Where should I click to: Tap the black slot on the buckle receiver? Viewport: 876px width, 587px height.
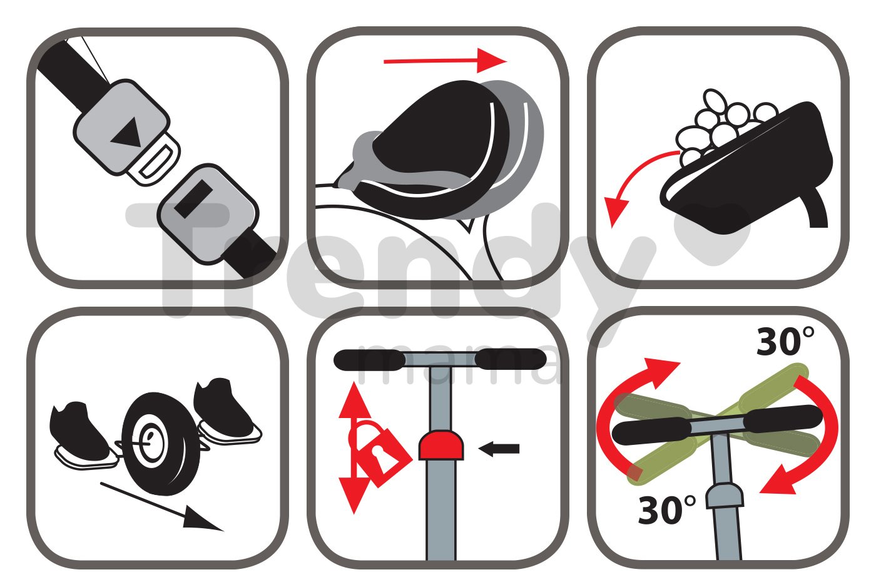point(193,198)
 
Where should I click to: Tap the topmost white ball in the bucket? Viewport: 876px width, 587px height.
point(714,100)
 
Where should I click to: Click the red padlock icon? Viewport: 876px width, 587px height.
point(378,454)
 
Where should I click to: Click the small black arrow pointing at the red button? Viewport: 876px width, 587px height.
point(499,449)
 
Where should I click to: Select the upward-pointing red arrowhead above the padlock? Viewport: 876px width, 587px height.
point(354,401)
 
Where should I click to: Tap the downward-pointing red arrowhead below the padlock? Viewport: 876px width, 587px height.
point(354,495)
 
